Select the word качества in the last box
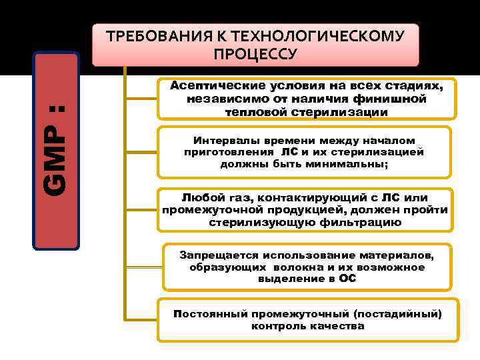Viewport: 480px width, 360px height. pos(337,326)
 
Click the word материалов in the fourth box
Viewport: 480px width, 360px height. pos(401,255)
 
